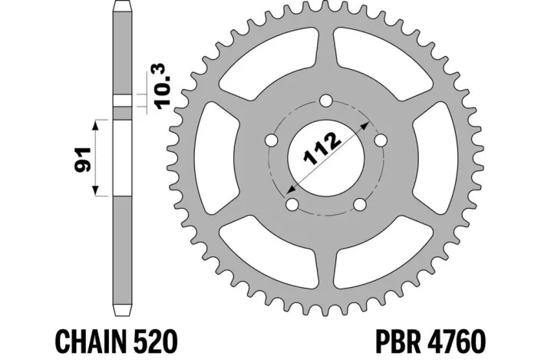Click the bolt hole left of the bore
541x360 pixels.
click(x=271, y=140)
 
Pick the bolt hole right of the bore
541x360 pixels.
click(x=378, y=140)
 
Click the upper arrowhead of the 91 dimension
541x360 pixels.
click(x=96, y=123)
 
